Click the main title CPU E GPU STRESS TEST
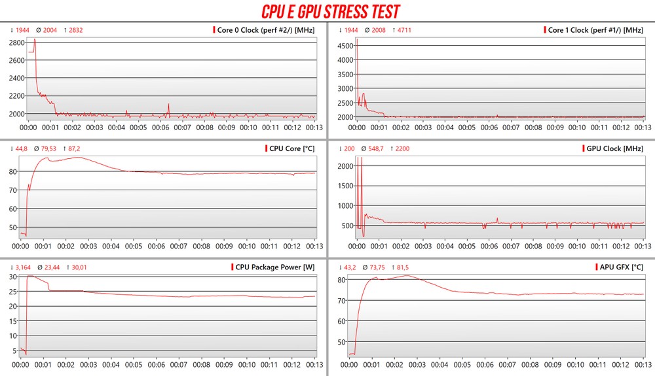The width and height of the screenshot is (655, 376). click(330, 11)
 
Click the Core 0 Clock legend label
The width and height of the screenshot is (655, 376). click(265, 30)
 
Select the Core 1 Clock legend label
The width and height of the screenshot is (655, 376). click(595, 30)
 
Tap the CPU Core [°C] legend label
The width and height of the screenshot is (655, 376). click(291, 148)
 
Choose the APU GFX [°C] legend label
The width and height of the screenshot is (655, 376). click(622, 267)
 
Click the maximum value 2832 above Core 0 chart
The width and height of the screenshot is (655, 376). click(75, 30)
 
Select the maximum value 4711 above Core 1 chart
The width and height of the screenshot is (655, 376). click(404, 30)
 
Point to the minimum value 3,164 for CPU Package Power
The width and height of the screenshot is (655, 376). click(22, 267)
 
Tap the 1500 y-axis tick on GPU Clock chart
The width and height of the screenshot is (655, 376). click(345, 186)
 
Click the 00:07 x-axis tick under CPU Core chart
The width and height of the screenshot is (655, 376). click(179, 247)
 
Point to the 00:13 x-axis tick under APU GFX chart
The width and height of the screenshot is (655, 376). click(643, 365)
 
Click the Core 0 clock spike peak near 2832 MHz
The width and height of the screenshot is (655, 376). click(35, 39)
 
